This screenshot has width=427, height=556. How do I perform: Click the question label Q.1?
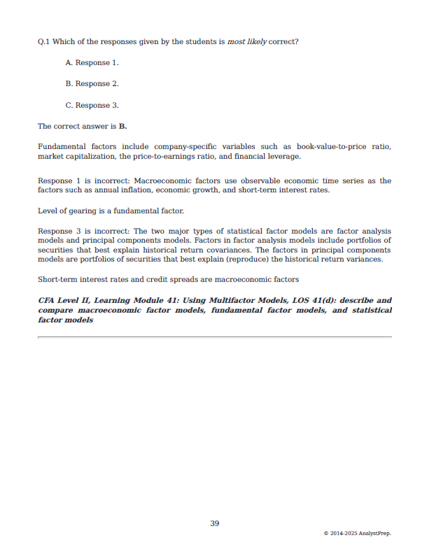pos(44,41)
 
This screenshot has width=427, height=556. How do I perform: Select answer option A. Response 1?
pos(92,63)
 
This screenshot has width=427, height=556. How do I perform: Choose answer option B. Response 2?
pos(92,84)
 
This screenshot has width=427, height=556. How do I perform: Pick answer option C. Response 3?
pos(92,106)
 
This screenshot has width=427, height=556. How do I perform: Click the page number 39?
pos(214,523)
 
